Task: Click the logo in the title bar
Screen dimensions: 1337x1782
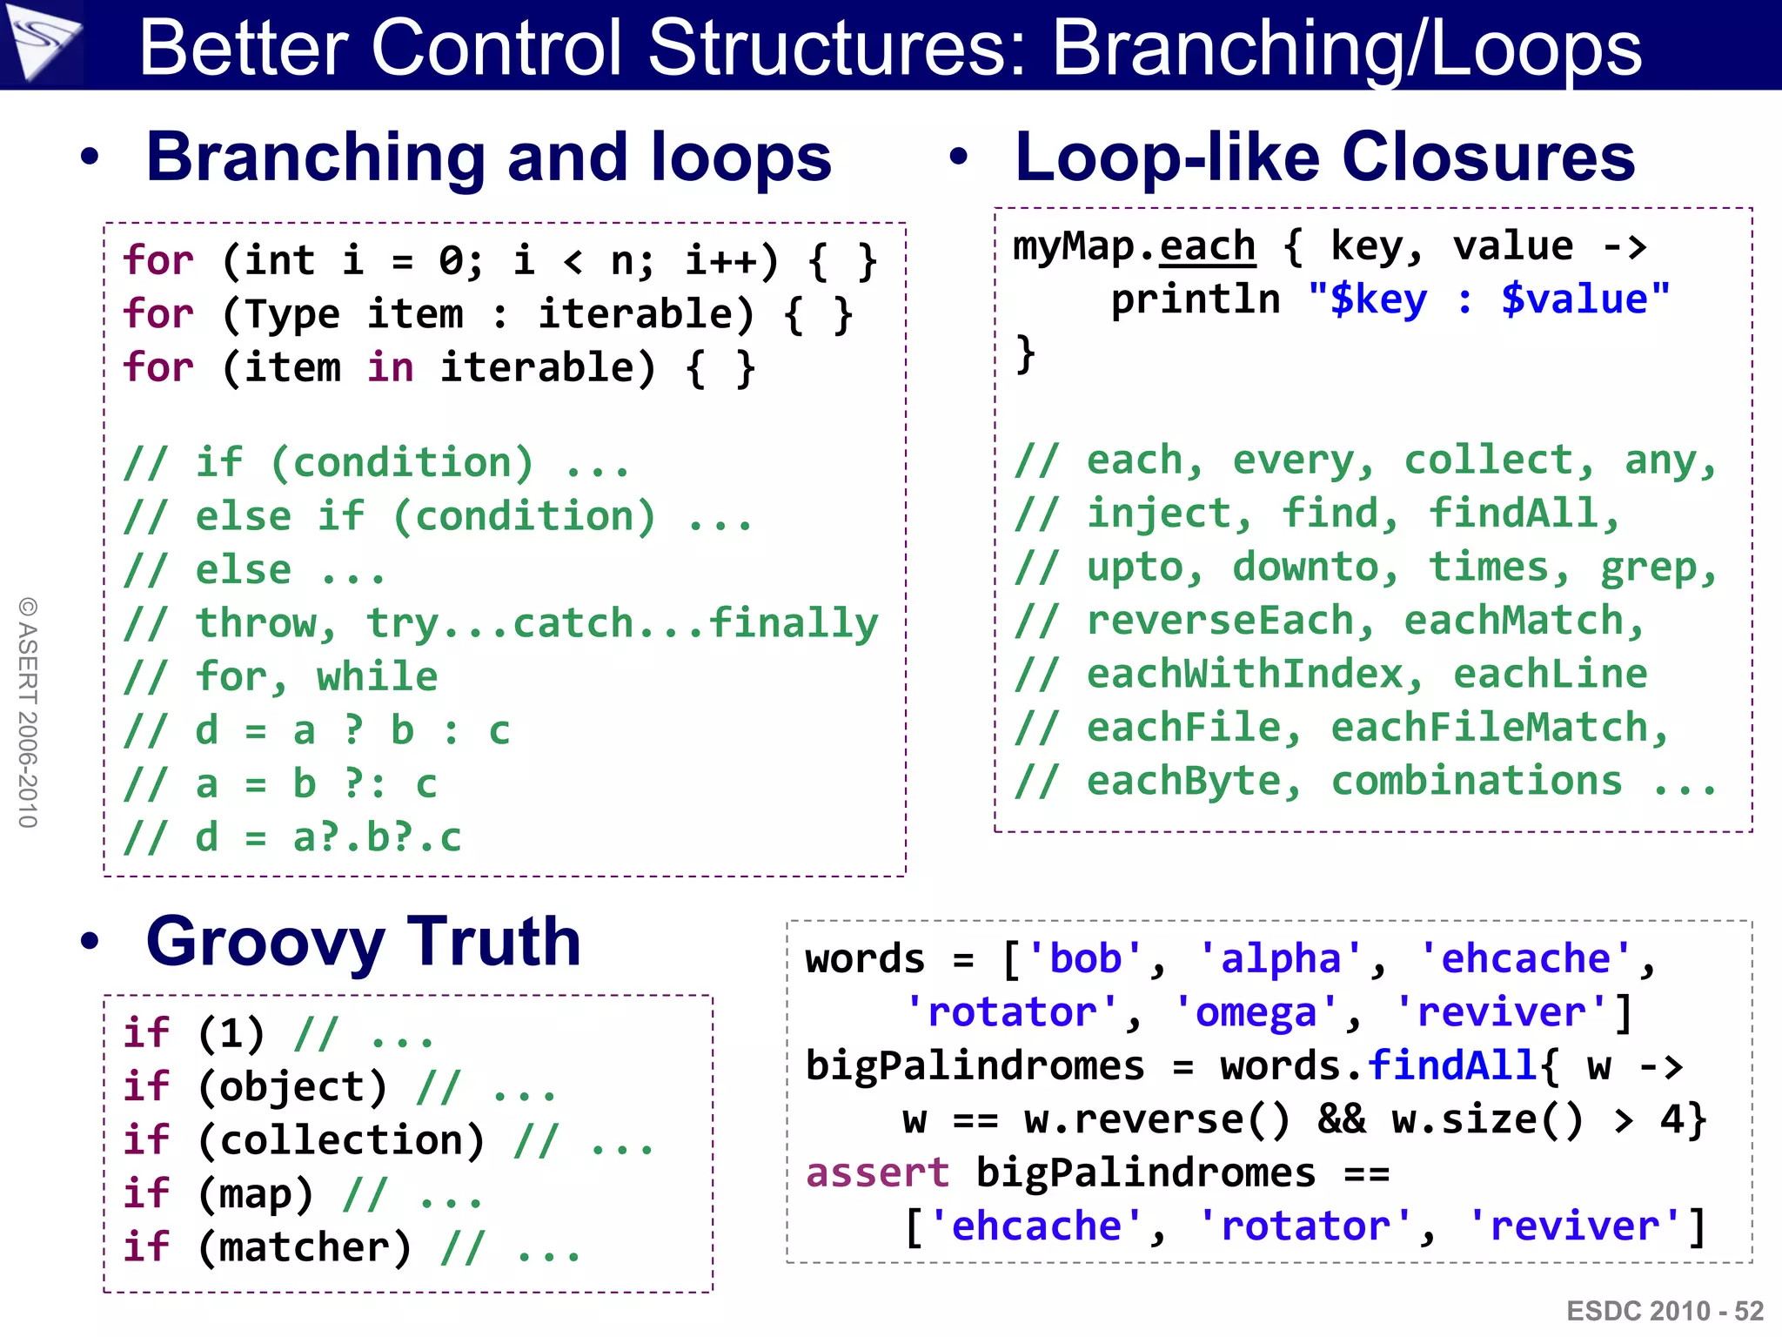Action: pyautogui.click(x=42, y=42)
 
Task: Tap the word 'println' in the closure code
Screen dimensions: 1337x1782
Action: pyautogui.click(x=1196, y=300)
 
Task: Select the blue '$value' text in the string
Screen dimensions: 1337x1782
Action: pyautogui.click(x=1574, y=300)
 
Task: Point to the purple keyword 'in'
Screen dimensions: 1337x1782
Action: pyautogui.click(x=390, y=367)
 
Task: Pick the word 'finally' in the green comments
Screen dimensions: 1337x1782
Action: pyautogui.click(x=794, y=623)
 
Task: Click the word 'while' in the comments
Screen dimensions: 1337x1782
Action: pyautogui.click(x=377, y=677)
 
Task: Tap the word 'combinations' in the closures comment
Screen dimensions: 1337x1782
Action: pyautogui.click(x=1477, y=782)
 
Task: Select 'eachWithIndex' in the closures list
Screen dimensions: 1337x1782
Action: pyautogui.click(x=1245, y=675)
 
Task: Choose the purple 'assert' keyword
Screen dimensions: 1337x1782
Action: pyautogui.click(x=877, y=1173)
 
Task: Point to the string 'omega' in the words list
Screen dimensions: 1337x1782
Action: pyautogui.click(x=1256, y=1013)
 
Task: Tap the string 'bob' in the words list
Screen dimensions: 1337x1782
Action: pyautogui.click(x=1086, y=959)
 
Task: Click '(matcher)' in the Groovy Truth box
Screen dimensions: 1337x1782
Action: pyautogui.click(x=305, y=1248)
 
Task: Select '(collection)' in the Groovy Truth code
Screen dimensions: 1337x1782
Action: pyautogui.click(x=341, y=1141)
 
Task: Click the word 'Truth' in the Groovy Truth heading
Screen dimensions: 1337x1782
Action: pyautogui.click(x=493, y=942)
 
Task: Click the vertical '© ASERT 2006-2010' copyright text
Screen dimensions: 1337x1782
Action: pyautogui.click(x=28, y=712)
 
